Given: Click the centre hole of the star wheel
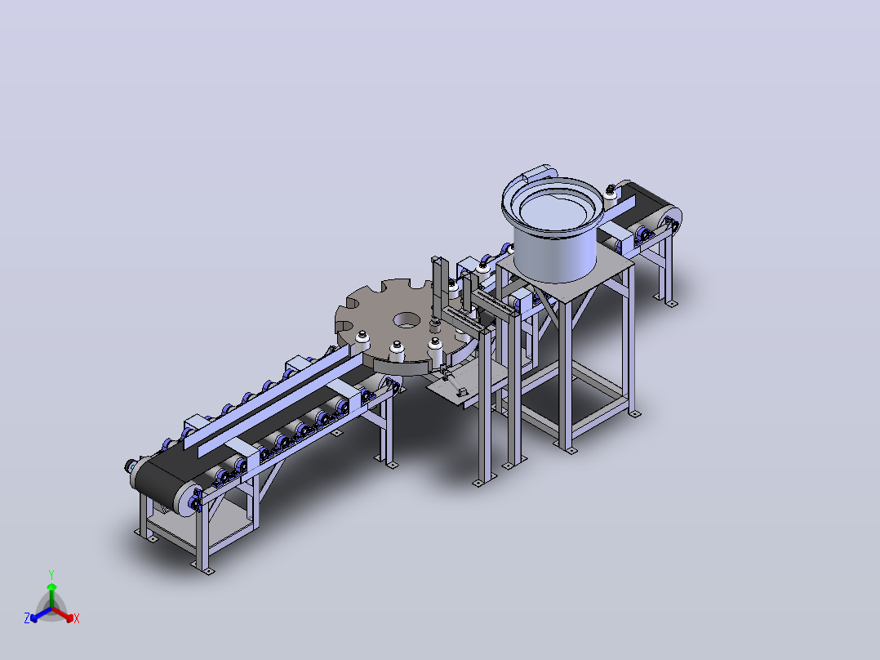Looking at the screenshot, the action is [407, 321].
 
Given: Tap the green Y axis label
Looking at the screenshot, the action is [51, 574].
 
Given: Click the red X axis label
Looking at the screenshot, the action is [77, 618].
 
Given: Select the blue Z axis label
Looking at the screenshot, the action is [27, 618].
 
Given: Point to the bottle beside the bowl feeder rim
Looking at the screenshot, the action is [610, 194].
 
